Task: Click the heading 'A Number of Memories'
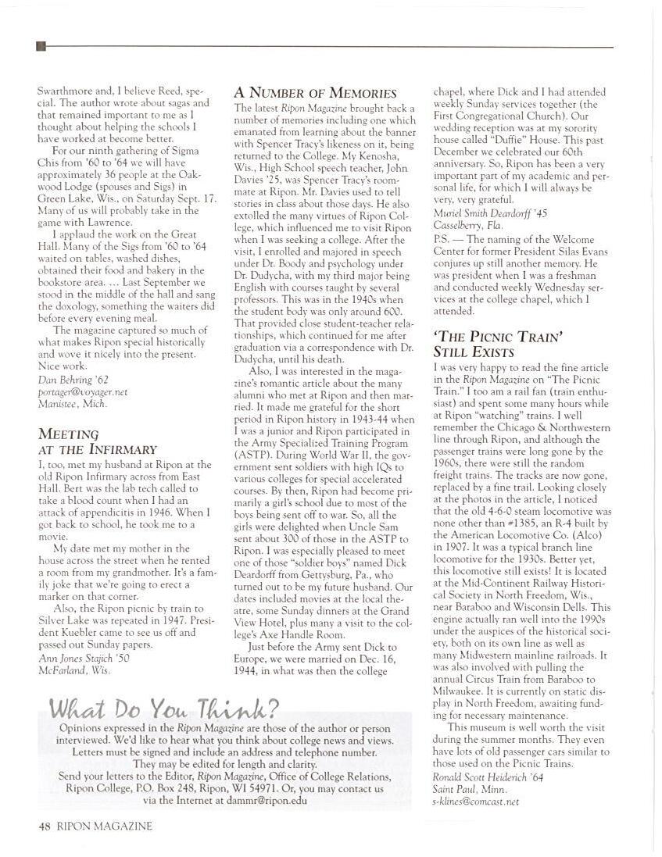[316, 93]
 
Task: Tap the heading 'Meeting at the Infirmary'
[97, 442]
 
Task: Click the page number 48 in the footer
[44, 825]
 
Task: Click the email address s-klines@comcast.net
[475, 801]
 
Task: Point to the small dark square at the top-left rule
[41, 47]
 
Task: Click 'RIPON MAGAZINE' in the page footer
[104, 825]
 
